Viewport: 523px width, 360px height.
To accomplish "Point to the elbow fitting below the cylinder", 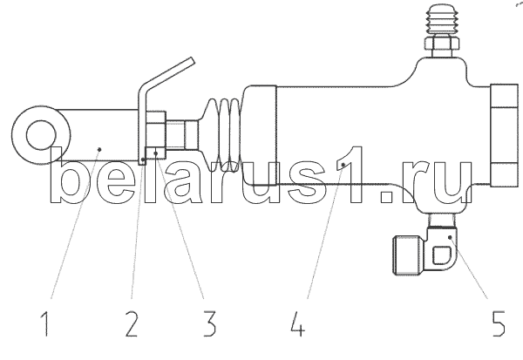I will pyautogui.click(x=440, y=248).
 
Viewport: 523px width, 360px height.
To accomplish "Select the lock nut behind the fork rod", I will pyautogui.click(x=156, y=135).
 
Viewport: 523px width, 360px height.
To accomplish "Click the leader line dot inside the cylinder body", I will pyautogui.click(x=344, y=164).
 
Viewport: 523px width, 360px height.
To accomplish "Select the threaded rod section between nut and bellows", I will pyautogui.click(x=185, y=135).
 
